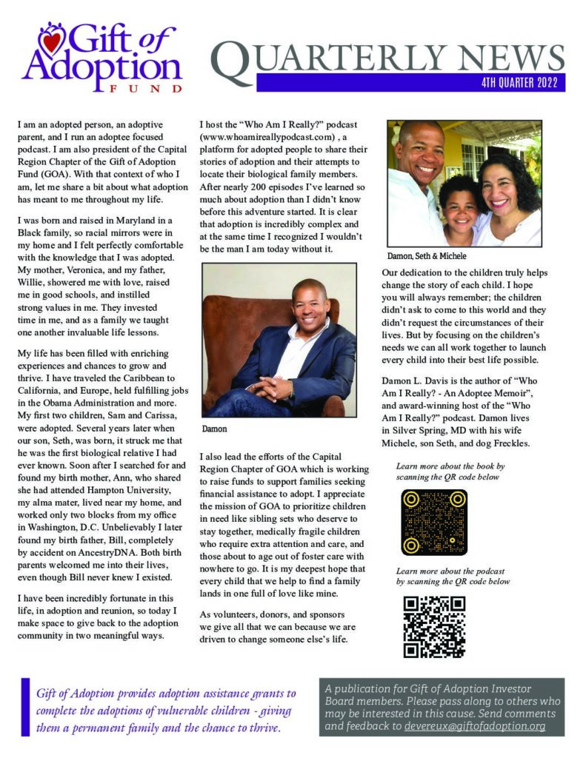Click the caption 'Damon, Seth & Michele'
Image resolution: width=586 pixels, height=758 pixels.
426,256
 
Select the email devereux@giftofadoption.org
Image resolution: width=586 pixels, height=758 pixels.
474,727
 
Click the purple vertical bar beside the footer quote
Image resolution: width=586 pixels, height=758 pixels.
26,708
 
